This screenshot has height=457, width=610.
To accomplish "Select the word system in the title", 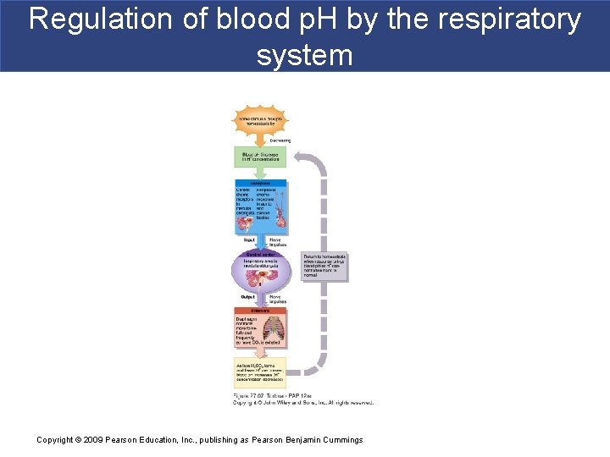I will [304, 55].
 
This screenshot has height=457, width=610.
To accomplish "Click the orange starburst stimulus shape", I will [260, 122].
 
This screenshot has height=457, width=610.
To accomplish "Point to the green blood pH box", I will [260, 157].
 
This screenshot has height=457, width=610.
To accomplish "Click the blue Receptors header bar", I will [260, 182].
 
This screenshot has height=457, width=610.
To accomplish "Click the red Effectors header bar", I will [260, 311].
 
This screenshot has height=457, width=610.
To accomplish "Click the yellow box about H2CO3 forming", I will [260, 372].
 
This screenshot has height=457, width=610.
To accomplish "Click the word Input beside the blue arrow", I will [248, 241].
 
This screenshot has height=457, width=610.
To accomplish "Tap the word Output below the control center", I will [247, 297].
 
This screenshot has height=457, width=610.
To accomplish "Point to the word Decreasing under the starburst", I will [280, 140].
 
